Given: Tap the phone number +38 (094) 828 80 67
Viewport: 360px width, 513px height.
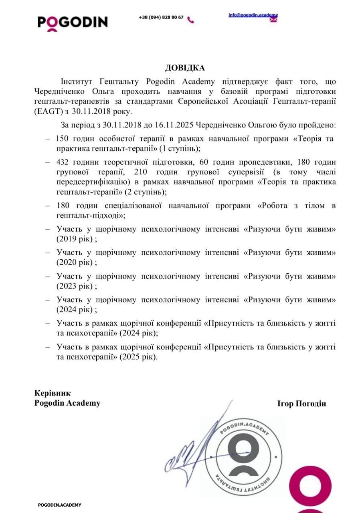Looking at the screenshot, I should [161, 18].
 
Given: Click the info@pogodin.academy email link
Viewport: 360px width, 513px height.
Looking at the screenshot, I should [253, 15].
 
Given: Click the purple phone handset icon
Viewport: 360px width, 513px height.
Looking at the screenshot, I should [191, 20].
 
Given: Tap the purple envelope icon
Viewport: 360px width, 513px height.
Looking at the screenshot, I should [273, 20].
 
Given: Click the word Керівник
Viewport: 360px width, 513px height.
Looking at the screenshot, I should [53, 393].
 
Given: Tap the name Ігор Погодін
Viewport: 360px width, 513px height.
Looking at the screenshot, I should [301, 404].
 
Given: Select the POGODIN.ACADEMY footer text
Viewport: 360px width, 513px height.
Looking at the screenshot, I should [59, 505].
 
